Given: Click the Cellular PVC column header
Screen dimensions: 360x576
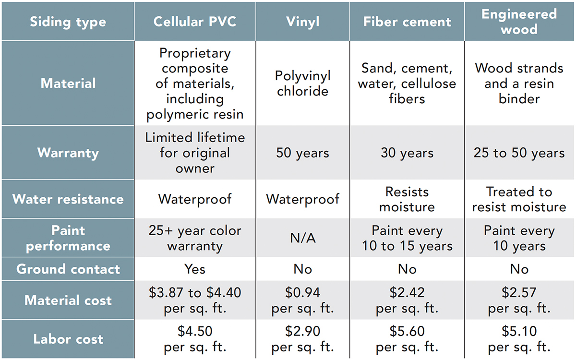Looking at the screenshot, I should point(195,22).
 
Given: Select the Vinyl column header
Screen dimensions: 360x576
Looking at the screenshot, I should point(302,22).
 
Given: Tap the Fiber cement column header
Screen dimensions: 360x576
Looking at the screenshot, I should point(407,22).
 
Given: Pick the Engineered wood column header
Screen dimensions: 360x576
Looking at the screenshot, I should point(519,21).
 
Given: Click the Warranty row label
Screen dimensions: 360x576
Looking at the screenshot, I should point(68,153).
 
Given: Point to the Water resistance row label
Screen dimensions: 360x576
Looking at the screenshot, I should point(68,199).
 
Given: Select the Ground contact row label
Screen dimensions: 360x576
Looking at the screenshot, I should point(68,269).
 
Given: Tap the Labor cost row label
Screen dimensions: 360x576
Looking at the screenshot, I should point(68,339).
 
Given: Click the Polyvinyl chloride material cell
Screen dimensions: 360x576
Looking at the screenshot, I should point(302,84).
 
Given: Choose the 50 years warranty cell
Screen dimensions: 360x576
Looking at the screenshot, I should point(302,153).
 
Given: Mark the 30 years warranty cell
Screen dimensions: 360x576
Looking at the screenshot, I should point(407,153).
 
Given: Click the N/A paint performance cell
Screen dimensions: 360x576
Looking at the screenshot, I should point(302,238).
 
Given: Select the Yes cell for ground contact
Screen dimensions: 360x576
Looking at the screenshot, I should point(195,269).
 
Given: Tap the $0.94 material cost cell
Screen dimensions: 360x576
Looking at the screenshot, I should point(302,300).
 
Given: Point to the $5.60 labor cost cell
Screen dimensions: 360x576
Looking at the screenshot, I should point(407,339).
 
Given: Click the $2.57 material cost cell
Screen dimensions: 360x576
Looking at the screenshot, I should point(519,300).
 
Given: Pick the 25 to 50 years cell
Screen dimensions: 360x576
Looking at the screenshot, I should point(519,153).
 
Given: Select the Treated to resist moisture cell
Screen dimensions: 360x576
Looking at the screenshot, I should point(519,199).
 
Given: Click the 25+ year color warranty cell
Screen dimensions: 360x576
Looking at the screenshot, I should point(195,238).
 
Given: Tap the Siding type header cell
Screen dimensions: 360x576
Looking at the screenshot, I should point(68,22).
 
